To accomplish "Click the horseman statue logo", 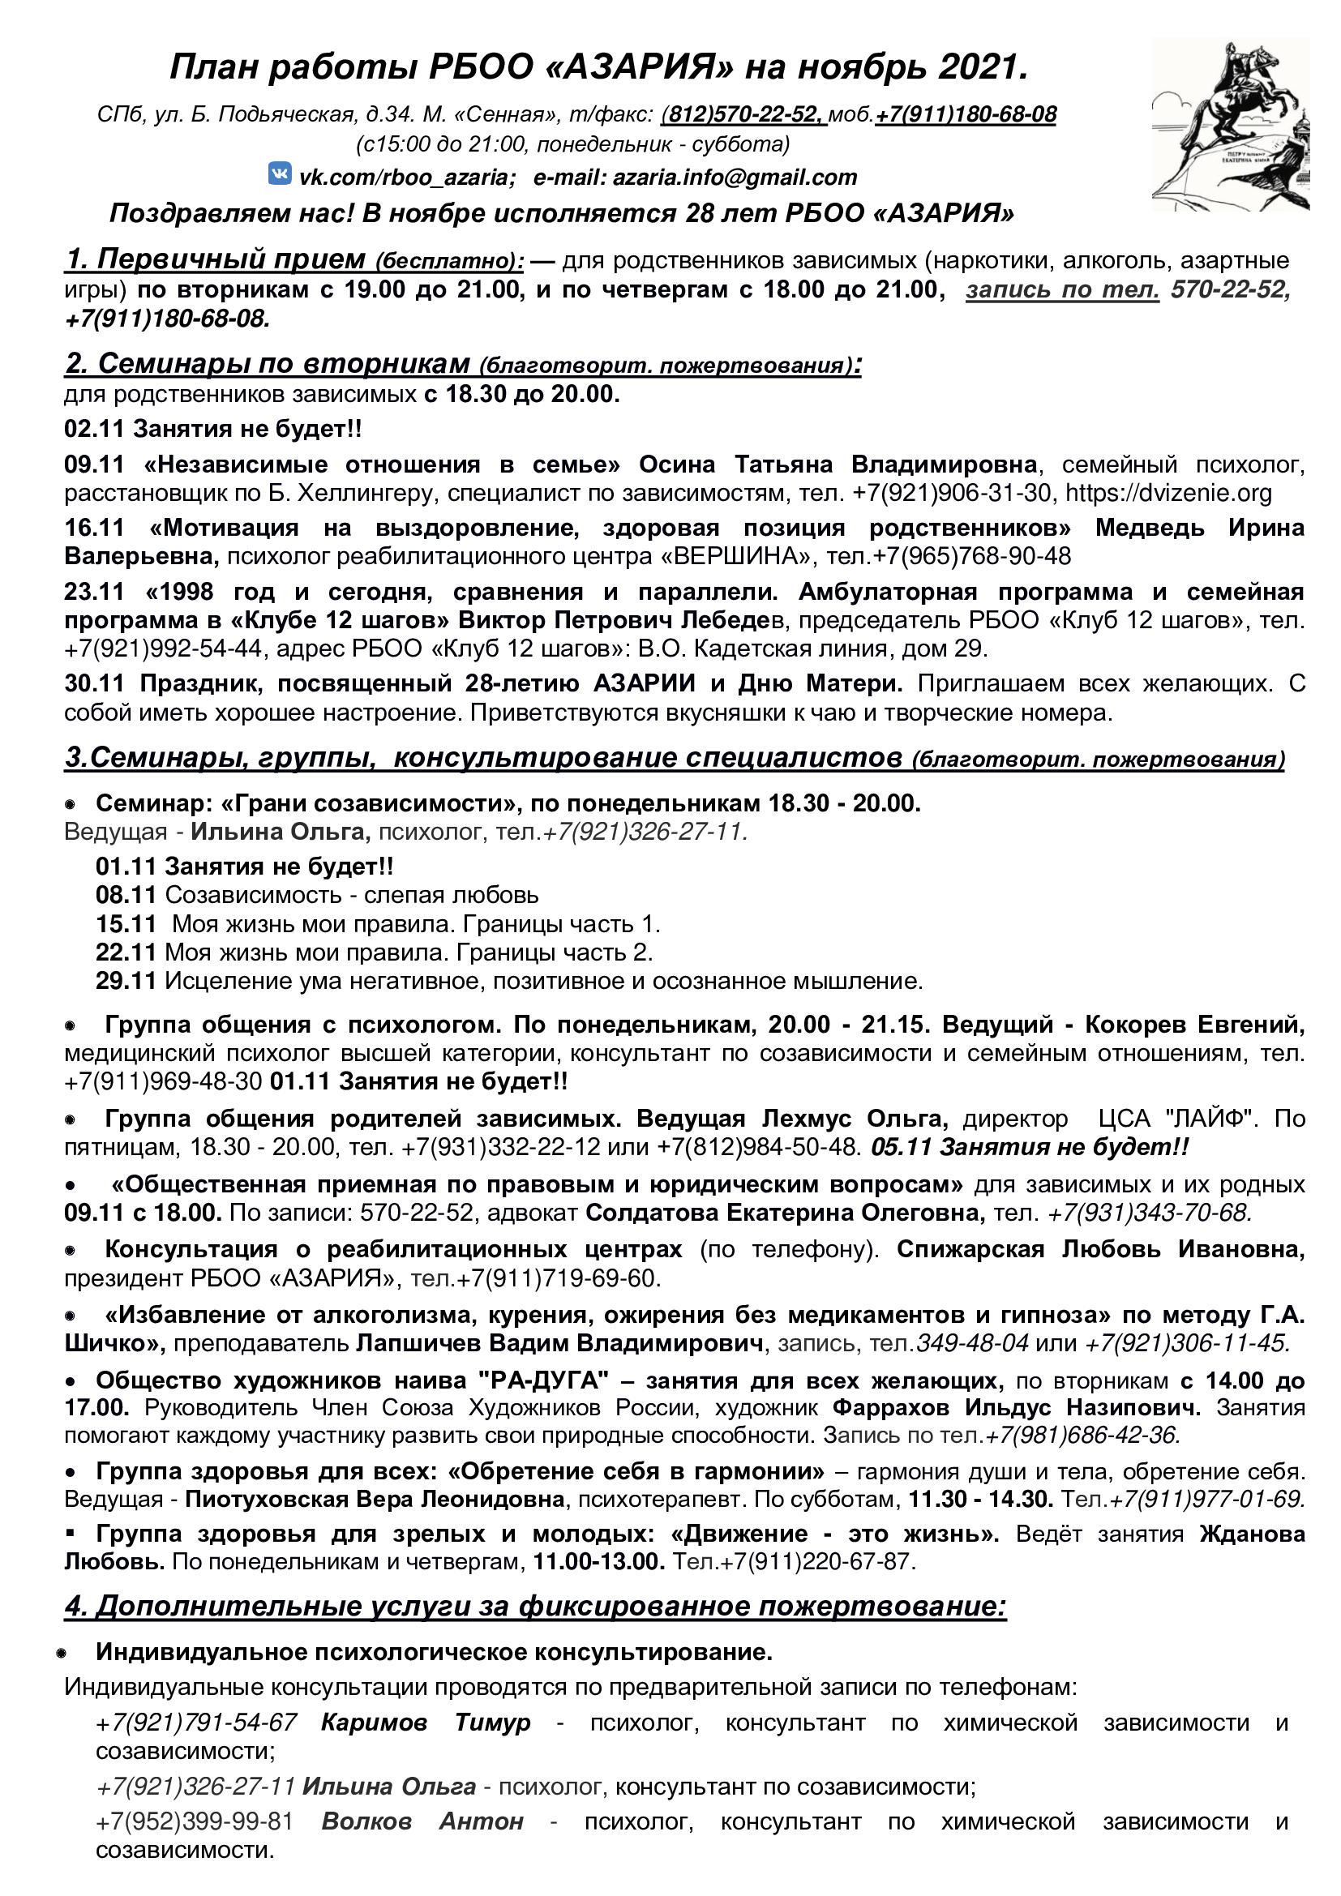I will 1230,124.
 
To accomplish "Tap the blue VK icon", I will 280,174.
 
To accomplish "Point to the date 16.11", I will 94,528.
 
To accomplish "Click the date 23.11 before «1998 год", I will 94,591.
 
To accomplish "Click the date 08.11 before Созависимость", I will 126,895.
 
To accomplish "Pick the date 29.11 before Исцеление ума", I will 126,981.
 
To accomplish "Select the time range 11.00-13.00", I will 598,1561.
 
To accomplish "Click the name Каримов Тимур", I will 426,1723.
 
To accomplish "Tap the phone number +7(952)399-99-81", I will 195,1821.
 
